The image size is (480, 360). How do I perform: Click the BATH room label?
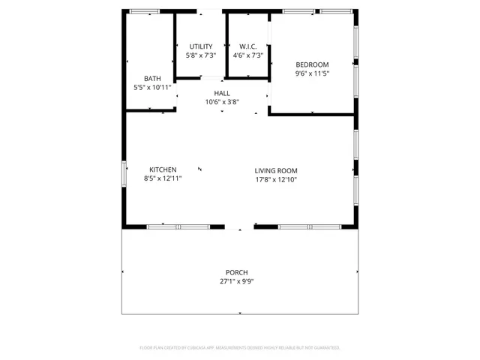pyautogui.click(x=152, y=78)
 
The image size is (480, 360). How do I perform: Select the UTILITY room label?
pyautogui.click(x=201, y=46)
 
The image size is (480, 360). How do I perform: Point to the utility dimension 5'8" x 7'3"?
pyautogui.click(x=201, y=55)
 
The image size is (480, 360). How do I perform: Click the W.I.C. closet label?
pyautogui.click(x=247, y=46)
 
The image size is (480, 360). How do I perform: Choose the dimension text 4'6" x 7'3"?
pyautogui.click(x=247, y=55)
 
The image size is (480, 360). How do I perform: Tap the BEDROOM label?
pyautogui.click(x=312, y=64)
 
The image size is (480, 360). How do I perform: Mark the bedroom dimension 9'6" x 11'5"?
pyautogui.click(x=312, y=73)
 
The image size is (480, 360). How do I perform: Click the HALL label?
pyautogui.click(x=222, y=93)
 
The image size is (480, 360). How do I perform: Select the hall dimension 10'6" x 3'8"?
pyautogui.click(x=222, y=102)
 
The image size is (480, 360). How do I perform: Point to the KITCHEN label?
pyautogui.click(x=163, y=169)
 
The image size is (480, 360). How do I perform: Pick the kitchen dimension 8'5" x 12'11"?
pyautogui.click(x=163, y=178)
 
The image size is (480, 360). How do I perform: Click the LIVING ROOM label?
pyautogui.click(x=276, y=170)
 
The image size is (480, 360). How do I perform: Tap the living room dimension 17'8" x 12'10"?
pyautogui.click(x=276, y=179)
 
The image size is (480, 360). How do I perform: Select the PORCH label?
pyautogui.click(x=236, y=272)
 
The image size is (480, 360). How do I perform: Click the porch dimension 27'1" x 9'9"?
pyautogui.click(x=236, y=281)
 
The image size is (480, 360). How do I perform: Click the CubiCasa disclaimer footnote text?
pyautogui.click(x=240, y=347)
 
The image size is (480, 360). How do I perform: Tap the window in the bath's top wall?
pyautogui.click(x=144, y=11)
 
